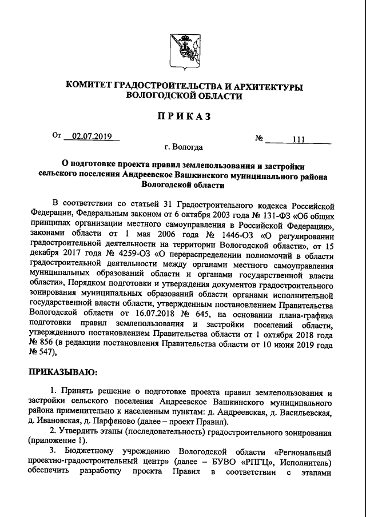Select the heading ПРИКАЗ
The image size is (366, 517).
click(183, 117)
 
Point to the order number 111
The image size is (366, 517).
click(298, 139)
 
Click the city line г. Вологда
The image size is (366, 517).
click(182, 147)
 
